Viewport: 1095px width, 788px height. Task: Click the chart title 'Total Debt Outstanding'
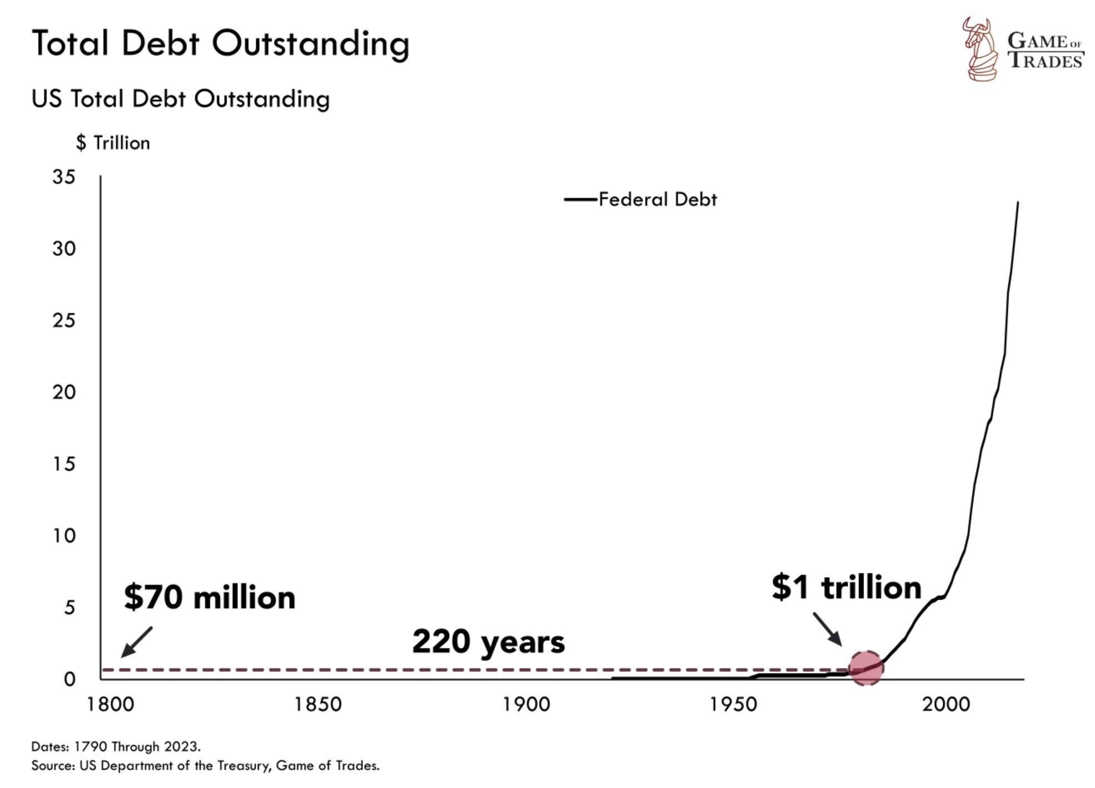[x=221, y=43]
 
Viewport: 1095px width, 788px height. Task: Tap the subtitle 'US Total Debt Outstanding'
[x=181, y=99]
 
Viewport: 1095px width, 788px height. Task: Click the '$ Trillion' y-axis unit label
[x=113, y=143]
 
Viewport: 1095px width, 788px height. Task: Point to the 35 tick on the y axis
[x=63, y=177]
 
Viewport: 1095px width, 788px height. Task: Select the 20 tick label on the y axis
[x=63, y=392]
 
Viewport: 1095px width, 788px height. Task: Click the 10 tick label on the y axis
[x=63, y=536]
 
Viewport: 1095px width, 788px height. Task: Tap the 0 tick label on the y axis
[x=69, y=679]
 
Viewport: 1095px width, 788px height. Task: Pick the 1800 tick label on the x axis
[x=110, y=705]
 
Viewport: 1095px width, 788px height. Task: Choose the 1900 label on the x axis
[x=526, y=705]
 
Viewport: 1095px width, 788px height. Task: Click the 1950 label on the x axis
[x=734, y=705]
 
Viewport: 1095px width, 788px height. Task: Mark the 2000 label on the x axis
[x=946, y=705]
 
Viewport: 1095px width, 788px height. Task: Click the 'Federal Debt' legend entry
[x=657, y=199]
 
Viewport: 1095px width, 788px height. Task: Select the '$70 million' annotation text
[x=210, y=597]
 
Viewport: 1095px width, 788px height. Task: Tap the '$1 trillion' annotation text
[x=846, y=587]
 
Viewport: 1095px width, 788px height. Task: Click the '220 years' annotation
[x=488, y=642]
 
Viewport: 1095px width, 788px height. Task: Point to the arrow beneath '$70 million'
[x=136, y=642]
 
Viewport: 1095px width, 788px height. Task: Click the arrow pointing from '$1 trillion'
[x=827, y=629]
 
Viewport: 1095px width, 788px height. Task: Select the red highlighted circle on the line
[x=866, y=668]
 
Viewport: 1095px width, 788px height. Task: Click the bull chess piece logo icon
[x=979, y=49]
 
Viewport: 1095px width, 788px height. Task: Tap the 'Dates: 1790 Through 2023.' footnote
[x=116, y=746]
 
